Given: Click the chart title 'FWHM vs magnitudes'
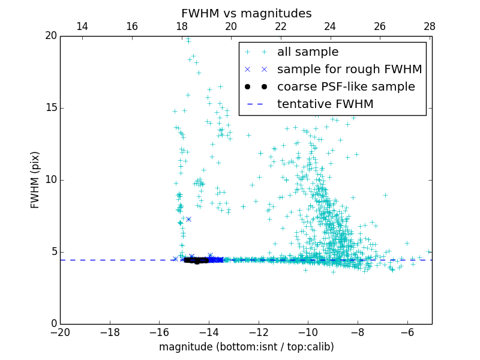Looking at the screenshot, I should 246,13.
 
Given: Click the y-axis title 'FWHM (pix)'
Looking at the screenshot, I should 35,179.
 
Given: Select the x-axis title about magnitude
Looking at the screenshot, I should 246,347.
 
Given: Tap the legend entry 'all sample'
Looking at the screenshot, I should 308,52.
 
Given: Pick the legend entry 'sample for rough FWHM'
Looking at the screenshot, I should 349,70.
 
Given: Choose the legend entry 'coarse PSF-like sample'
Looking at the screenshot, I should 346,87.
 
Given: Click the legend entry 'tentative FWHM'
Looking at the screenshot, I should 325,104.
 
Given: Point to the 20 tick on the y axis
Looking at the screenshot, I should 50,36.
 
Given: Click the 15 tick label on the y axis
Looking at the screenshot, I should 50,108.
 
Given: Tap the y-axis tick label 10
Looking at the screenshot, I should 50,180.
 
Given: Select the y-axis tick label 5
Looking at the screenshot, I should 53,252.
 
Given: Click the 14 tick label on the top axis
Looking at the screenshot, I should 82,26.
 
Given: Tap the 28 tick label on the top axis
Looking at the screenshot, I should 430,26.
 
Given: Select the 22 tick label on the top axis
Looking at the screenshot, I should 281,26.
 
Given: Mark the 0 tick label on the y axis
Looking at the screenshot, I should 53,324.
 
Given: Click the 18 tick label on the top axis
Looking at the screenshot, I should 182,26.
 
